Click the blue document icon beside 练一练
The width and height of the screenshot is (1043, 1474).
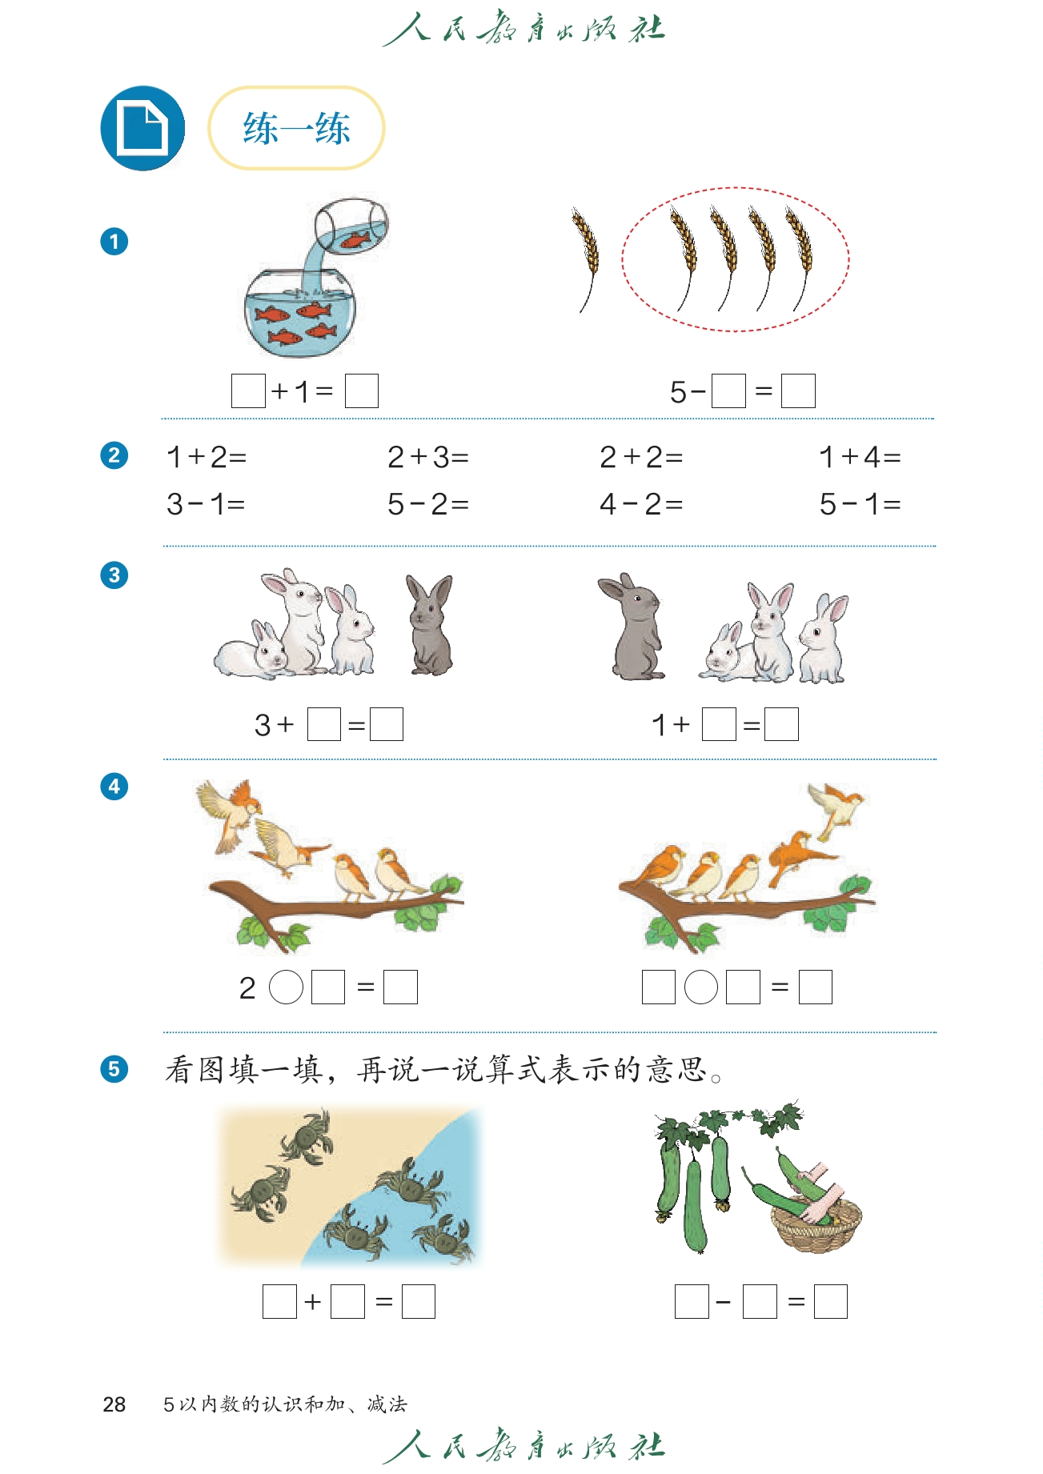coord(142,128)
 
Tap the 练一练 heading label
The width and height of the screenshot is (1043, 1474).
coord(296,128)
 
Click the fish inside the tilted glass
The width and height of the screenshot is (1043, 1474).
coord(355,238)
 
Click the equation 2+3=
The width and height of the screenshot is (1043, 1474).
coord(428,457)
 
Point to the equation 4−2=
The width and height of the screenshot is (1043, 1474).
coord(641,504)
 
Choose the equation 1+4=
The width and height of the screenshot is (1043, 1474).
coord(860,457)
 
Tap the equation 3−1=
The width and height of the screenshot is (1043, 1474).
coord(206,504)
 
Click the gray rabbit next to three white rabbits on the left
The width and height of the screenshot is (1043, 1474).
coord(431,624)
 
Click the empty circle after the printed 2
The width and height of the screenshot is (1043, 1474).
coord(286,987)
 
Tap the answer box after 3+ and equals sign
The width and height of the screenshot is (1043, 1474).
coord(387,724)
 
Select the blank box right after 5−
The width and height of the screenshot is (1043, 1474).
coord(728,391)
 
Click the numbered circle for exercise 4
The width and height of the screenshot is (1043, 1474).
coord(114,787)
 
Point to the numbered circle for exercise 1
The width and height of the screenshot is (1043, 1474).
coord(114,242)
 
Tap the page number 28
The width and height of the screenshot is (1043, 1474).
coord(114,1404)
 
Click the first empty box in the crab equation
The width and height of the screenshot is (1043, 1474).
coord(279,1301)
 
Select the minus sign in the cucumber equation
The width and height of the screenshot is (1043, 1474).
coord(724,1303)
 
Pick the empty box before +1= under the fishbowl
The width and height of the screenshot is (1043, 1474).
coord(248,391)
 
